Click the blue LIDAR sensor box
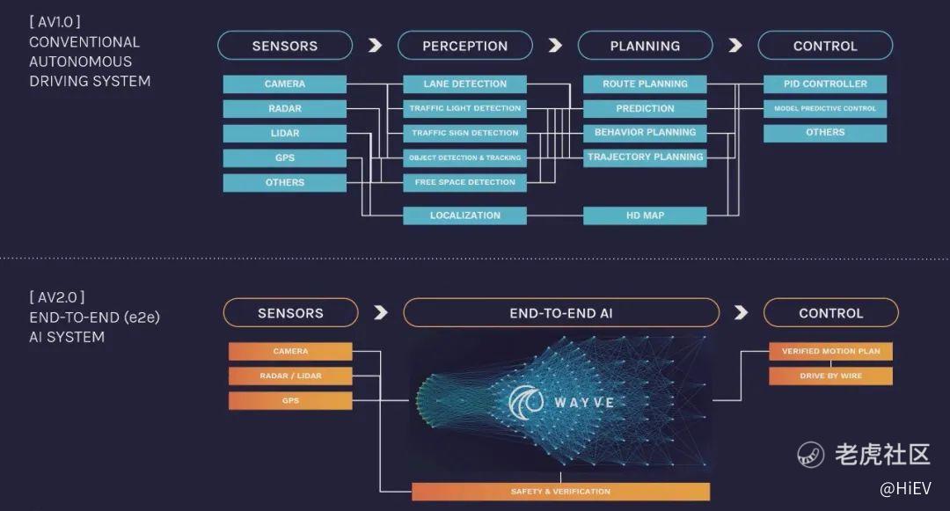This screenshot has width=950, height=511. coord(284,134)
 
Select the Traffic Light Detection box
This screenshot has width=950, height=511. coord(464,109)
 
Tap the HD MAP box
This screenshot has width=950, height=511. coord(645,215)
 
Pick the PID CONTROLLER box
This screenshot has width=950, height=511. coord(825,84)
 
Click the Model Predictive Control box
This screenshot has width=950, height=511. coord(825,109)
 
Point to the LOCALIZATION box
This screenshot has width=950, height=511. coord(464,215)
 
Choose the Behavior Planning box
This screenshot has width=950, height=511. coord(645,133)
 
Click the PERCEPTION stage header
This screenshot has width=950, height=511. coord(464,46)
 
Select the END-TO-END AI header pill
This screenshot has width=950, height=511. coord(561,313)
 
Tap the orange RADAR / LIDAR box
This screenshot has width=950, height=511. coord(290,376)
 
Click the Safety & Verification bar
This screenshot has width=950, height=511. coord(560,492)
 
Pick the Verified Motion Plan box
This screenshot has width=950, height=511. coord(830,352)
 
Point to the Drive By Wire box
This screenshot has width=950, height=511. coord(830,376)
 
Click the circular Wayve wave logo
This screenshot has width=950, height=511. coord(525,402)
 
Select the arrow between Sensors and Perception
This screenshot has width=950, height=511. coord(375,46)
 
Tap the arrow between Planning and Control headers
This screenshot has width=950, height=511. coord(735,46)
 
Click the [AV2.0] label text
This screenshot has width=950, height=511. coord(57,297)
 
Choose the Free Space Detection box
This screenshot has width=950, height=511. coord(464,183)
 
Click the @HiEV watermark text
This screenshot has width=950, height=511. coord(905,487)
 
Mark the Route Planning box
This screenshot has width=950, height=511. coord(645,84)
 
